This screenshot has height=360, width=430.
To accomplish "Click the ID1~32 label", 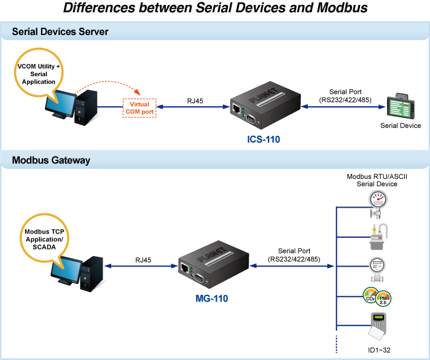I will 379,350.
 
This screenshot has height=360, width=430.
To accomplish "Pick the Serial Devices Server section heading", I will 60,32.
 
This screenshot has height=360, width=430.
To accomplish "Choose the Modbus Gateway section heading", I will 51,160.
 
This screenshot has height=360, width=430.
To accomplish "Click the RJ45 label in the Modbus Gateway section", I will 144,260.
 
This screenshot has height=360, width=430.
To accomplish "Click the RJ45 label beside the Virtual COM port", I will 195,100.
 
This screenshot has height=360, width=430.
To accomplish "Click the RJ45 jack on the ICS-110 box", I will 237,109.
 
